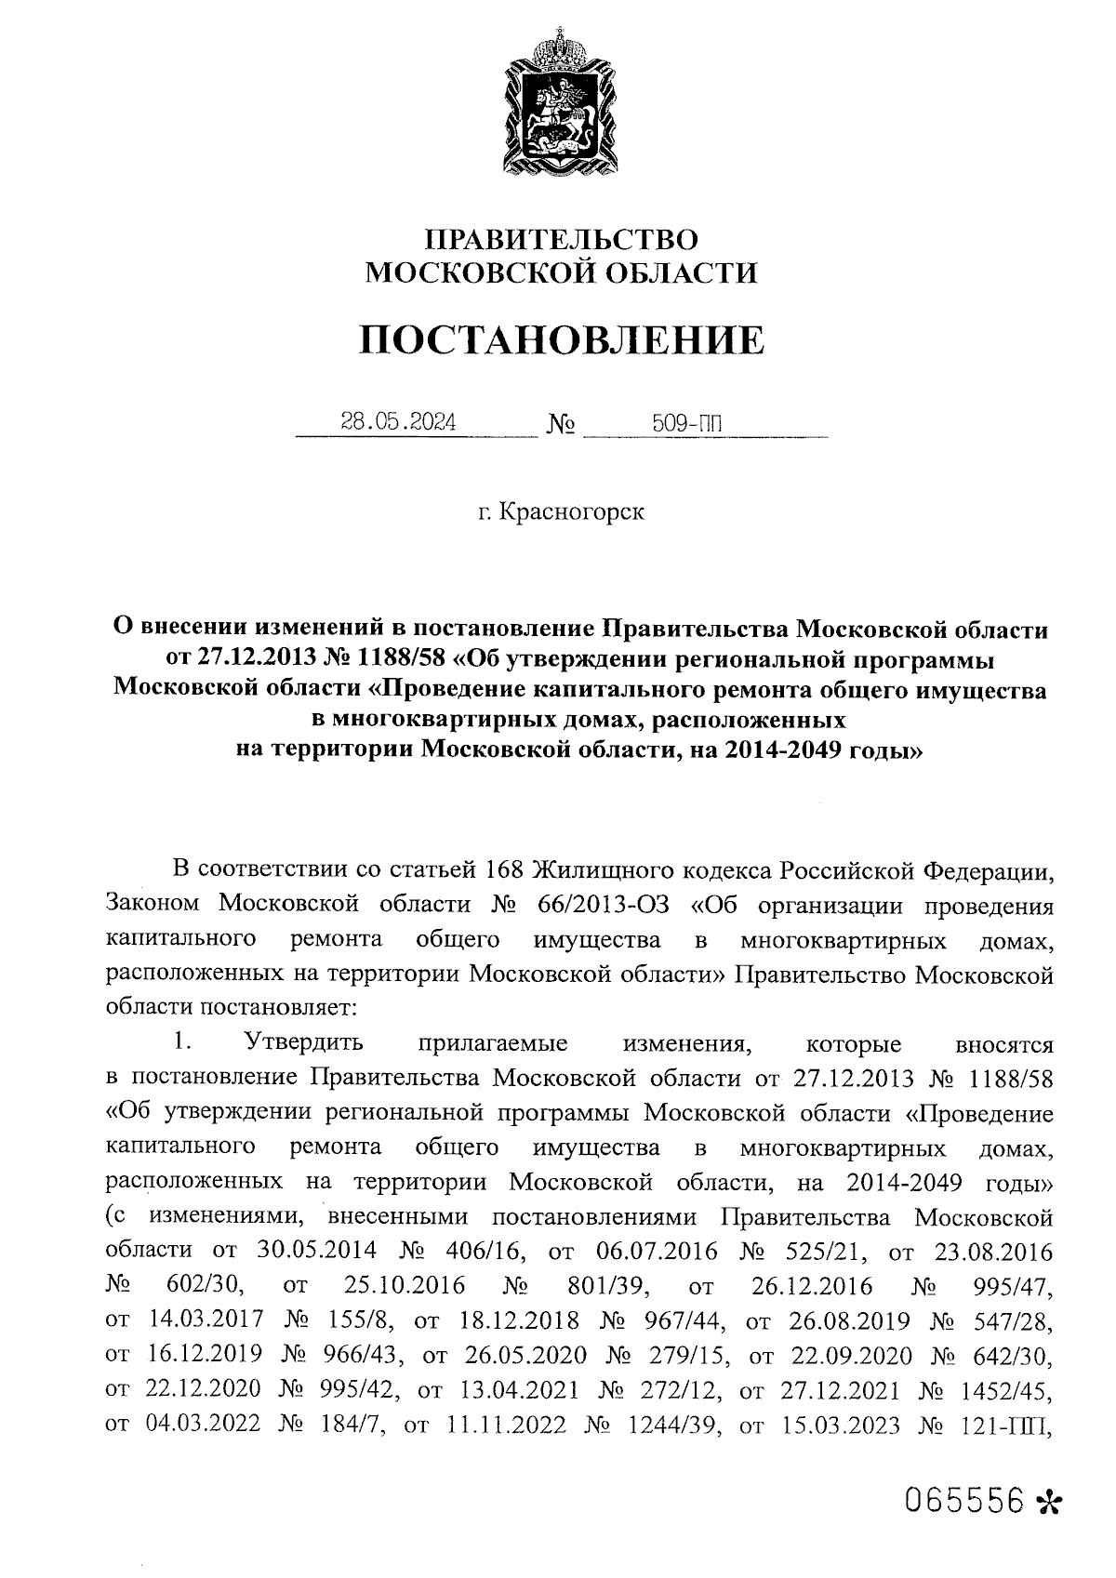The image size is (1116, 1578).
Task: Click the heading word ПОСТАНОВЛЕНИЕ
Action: point(562,340)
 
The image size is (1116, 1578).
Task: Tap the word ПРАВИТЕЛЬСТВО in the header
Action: point(561,240)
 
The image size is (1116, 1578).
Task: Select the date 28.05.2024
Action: point(398,423)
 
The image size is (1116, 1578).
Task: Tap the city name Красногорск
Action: point(571,512)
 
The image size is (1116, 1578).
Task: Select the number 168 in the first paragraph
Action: point(504,870)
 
